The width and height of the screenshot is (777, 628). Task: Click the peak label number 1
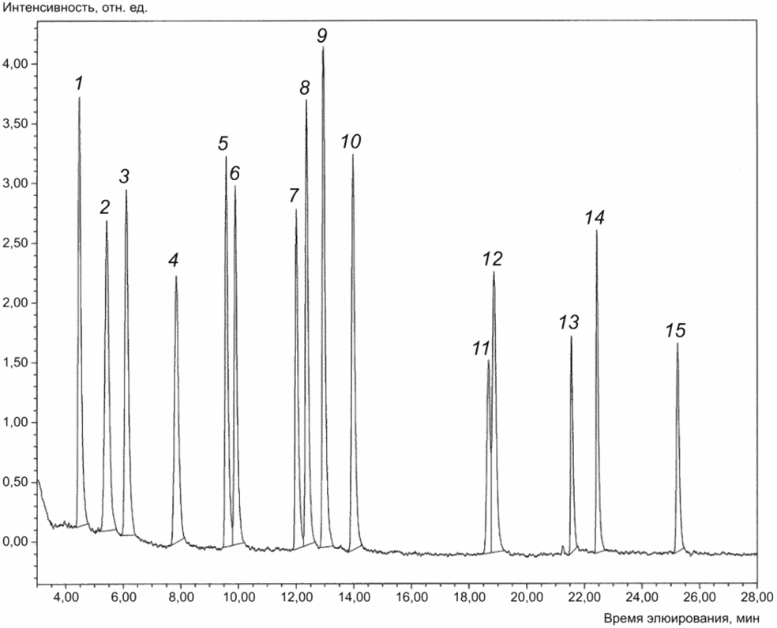(x=79, y=82)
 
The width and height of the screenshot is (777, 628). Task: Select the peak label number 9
(x=322, y=35)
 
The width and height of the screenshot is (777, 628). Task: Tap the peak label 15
(x=676, y=330)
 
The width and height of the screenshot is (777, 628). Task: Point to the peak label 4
(x=174, y=260)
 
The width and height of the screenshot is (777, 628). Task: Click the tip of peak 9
(x=323, y=47)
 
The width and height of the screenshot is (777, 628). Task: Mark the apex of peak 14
(x=596, y=231)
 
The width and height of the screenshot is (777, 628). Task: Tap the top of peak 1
(x=79, y=98)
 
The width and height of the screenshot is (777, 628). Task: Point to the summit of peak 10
(x=352, y=155)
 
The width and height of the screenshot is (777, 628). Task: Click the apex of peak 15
(x=677, y=344)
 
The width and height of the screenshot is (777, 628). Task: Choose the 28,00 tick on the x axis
(x=756, y=585)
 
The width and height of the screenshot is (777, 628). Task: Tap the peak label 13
(x=569, y=322)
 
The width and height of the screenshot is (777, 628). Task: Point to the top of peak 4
(x=175, y=276)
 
